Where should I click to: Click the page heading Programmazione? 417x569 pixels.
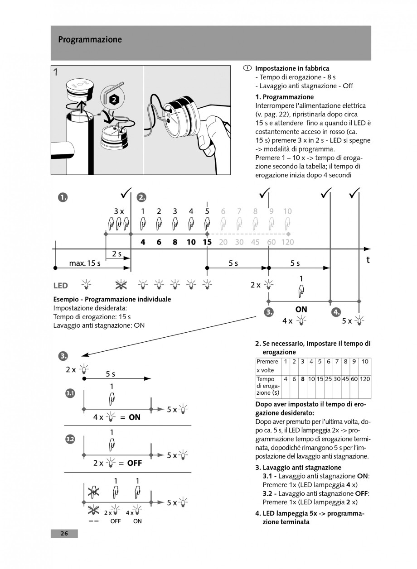(90, 40)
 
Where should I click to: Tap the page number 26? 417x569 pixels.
(64, 534)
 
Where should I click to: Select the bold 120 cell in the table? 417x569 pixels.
(365, 379)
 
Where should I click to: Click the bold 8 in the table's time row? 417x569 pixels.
(302, 379)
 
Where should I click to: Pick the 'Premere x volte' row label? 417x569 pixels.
(267, 366)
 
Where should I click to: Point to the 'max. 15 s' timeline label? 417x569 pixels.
(85, 263)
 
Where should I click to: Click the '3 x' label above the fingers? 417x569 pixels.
(119, 211)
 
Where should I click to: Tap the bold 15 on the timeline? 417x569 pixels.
(207, 242)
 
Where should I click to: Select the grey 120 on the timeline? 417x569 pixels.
(287, 242)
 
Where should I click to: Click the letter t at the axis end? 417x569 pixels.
(368, 260)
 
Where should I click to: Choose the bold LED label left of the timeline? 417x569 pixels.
(61, 286)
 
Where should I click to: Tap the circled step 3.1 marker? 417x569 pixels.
(70, 394)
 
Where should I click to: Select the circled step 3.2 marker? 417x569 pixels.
(70, 440)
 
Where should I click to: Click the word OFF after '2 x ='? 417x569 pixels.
(135, 463)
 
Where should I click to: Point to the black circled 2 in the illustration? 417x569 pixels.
(115, 99)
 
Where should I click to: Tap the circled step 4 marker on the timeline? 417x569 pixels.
(336, 312)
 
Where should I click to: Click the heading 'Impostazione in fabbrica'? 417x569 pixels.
(292, 68)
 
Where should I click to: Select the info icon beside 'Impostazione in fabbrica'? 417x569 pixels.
(247, 68)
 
